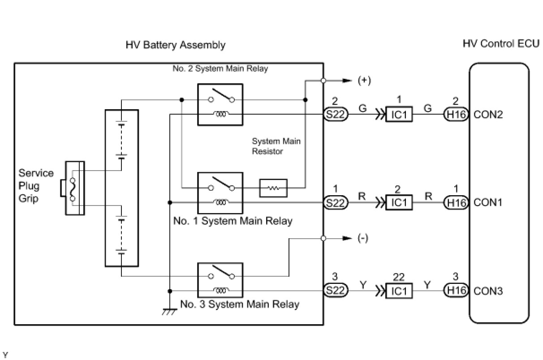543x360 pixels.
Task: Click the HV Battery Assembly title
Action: pyautogui.click(x=176, y=45)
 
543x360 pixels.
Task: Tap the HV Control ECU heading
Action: pyautogui.click(x=501, y=43)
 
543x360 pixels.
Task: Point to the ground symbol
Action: pyautogui.click(x=169, y=312)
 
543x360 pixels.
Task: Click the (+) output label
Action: pyautogui.click(x=364, y=81)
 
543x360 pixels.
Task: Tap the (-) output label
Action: pyautogui.click(x=363, y=238)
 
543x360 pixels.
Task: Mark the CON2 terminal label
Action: pyautogui.click(x=488, y=114)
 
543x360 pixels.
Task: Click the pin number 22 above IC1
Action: pyautogui.click(x=399, y=277)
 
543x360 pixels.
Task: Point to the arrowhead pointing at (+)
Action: pyautogui.click(x=347, y=81)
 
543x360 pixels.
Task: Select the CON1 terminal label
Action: pyautogui.click(x=487, y=202)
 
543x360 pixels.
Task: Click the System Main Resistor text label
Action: pyautogui.click(x=276, y=146)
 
